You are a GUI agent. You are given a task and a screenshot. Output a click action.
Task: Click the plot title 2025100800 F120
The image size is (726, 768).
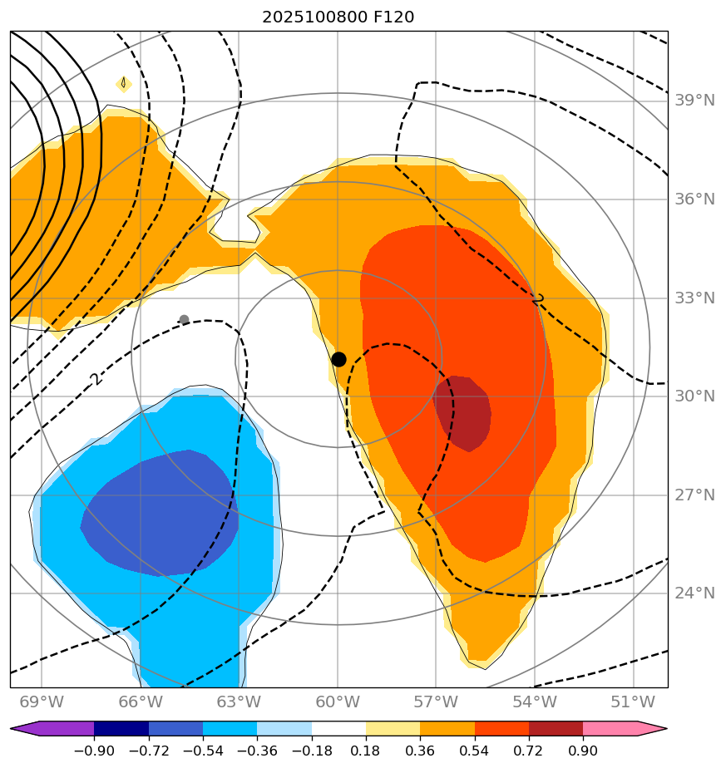338,17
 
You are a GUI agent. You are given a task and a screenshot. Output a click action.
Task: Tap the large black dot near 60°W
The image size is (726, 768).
338,359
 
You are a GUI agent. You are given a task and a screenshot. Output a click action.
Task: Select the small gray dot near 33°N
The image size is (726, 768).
184,320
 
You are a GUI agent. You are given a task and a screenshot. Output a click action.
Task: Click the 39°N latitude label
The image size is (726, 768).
695,101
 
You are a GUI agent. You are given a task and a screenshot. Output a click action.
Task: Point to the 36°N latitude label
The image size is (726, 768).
695,199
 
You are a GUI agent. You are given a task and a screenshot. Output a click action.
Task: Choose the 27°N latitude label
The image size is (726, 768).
695,495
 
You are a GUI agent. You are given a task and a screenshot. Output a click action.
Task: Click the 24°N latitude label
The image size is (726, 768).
695,593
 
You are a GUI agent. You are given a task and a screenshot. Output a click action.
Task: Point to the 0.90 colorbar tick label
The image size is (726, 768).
583,751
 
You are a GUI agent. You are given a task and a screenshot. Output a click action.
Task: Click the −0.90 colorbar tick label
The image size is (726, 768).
94,751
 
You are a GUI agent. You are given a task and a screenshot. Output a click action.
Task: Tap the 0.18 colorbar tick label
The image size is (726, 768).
366,751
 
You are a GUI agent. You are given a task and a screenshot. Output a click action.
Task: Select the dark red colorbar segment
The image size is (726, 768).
556,729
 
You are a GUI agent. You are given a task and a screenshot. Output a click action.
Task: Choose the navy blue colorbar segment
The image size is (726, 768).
121,729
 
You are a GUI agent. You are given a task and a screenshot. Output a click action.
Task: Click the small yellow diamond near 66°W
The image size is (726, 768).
123,83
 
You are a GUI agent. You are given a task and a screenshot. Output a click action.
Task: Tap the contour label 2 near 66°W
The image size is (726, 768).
94,379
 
